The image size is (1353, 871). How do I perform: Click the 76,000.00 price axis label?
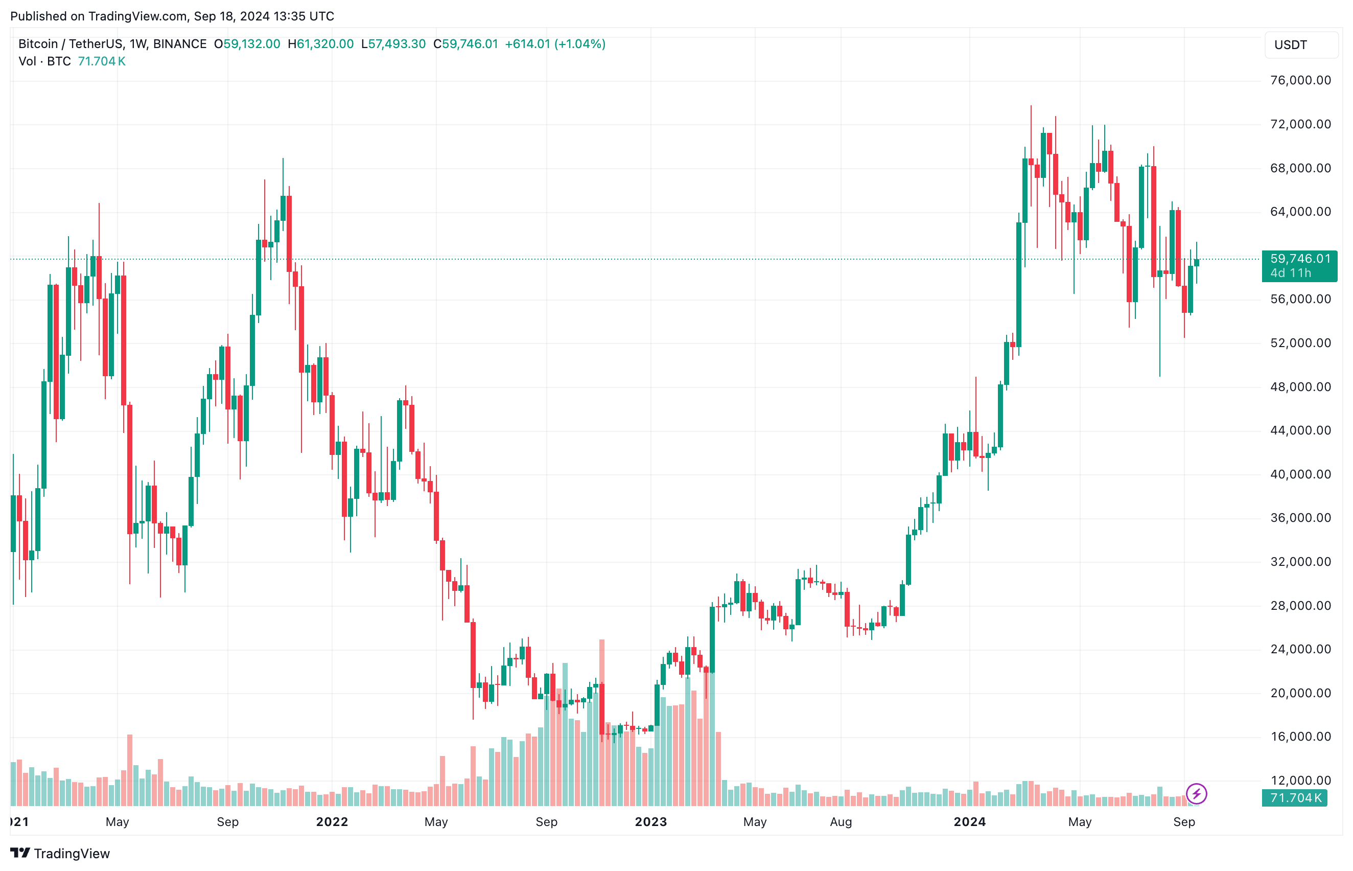1300,80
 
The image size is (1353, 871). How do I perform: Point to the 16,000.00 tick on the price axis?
1300,737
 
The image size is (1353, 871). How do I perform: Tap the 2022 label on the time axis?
332,822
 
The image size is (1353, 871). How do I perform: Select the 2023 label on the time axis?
651,822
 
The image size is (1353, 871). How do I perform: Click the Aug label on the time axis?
841,822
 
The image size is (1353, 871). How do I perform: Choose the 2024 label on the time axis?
970,822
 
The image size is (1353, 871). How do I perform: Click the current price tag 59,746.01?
1299,259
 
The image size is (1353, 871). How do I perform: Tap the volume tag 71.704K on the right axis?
1295,798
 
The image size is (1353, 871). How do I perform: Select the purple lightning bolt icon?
1196,793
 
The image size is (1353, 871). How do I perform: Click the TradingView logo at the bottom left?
60,854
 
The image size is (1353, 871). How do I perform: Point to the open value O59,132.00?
247,44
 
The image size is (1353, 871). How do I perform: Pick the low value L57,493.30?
393,44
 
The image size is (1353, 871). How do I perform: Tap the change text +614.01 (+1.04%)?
555,44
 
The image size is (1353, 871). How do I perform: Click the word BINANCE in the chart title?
180,44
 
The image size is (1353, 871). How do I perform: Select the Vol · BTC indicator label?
44,61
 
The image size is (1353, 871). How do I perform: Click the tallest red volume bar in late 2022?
602,724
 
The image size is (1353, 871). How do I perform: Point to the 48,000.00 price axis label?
1300,387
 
